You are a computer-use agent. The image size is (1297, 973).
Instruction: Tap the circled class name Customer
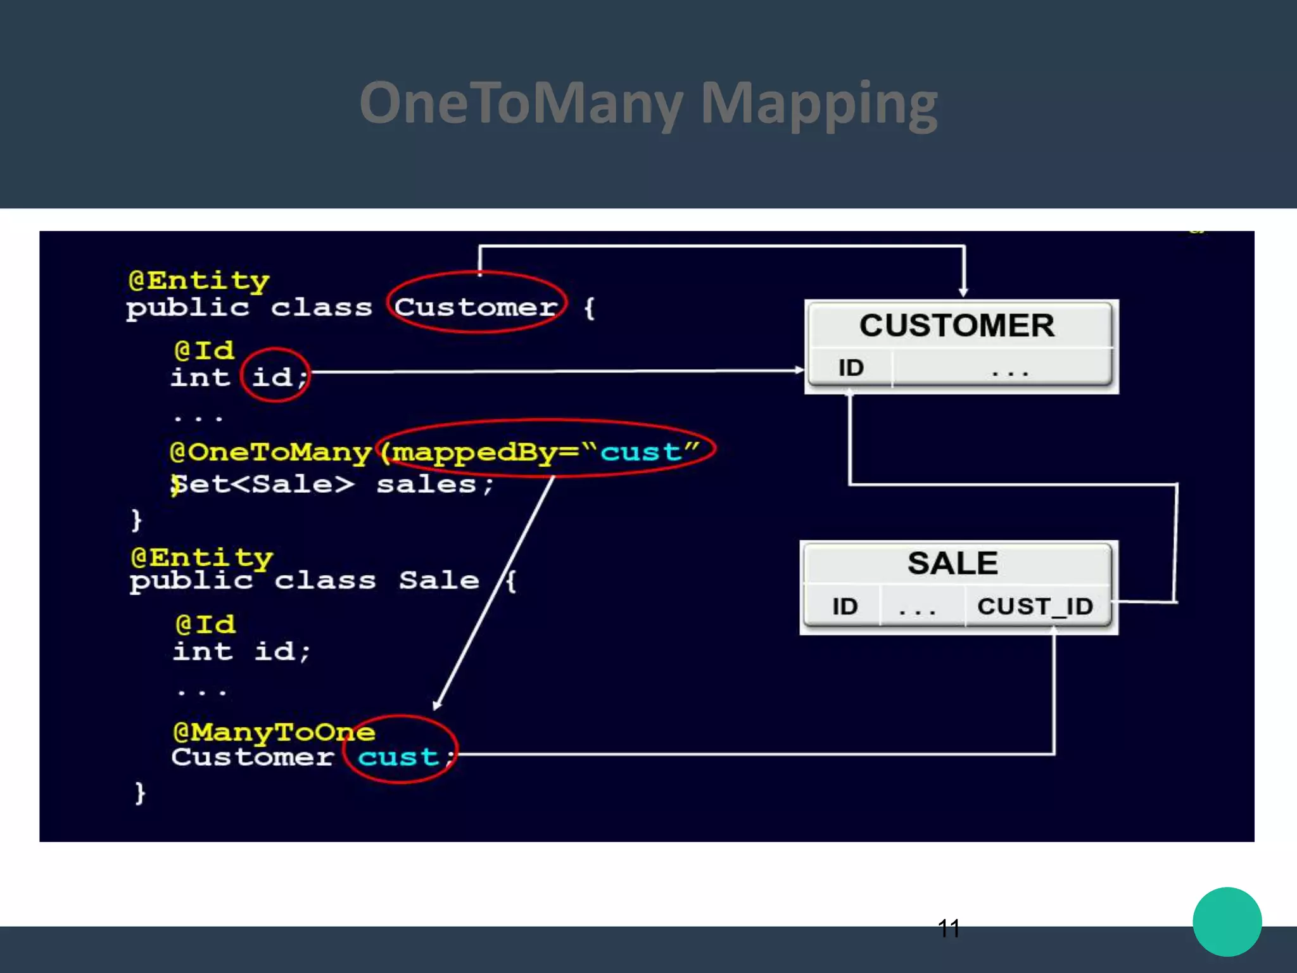coord(476,308)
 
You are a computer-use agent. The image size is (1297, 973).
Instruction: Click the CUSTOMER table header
coord(957,326)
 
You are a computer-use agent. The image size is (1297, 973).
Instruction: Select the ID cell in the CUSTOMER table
coord(851,368)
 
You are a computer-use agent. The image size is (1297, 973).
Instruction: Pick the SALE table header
coord(952,563)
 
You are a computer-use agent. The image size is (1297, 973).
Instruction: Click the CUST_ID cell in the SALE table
coord(1035,606)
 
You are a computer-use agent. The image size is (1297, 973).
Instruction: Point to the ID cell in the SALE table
coord(844,606)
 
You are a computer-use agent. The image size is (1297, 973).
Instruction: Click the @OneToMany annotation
coord(270,452)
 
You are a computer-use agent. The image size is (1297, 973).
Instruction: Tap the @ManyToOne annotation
coord(274,732)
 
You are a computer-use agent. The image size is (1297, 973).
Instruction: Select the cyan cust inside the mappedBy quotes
coord(640,452)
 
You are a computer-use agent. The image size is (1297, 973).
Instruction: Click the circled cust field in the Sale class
coord(398,756)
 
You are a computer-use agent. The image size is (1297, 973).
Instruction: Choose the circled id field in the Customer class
coord(272,378)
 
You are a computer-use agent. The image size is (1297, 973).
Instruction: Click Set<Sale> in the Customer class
coord(263,485)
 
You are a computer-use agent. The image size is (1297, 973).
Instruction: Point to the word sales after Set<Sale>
coord(426,485)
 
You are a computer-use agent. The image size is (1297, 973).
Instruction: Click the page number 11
coord(948,929)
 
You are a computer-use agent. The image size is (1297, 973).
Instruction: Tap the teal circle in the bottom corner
coord(1227,922)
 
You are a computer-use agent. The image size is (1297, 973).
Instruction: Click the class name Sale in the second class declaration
coord(439,580)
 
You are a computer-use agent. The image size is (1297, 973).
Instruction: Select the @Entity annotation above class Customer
coord(199,280)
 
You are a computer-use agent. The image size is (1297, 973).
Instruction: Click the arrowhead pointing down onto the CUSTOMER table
coord(963,291)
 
